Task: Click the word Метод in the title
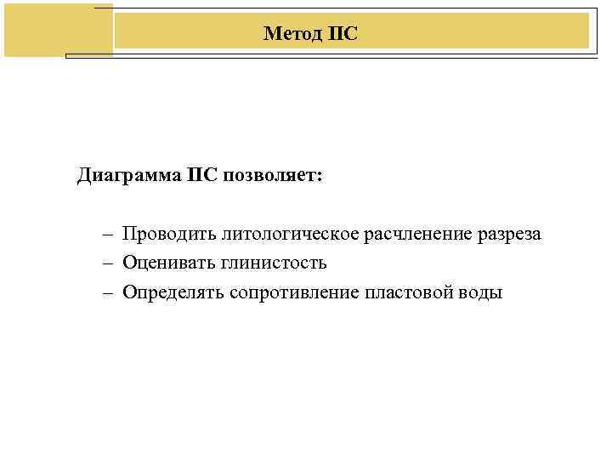292,33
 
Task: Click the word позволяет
267,176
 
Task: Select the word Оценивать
167,263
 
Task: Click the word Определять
173,292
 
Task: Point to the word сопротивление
294,292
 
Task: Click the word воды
480,292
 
